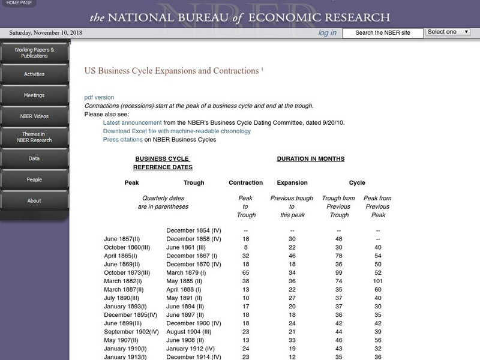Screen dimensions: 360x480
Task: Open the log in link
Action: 327,32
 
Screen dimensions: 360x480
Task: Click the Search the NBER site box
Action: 382,33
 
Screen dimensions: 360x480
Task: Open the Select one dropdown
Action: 448,32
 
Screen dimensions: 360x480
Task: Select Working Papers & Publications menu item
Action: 34,53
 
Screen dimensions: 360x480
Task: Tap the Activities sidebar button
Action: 34,74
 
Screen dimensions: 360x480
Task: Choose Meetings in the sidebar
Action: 34,95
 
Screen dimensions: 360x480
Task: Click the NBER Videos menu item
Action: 34,116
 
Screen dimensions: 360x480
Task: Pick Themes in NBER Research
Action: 34,137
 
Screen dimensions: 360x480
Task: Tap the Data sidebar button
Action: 34,158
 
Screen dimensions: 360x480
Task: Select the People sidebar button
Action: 34,179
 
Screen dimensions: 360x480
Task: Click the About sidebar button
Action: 34,200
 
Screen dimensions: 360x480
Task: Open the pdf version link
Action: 99,97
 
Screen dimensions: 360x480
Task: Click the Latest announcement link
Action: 132,122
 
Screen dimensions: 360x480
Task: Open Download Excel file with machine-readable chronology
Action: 176,131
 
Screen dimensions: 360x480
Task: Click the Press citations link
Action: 122,140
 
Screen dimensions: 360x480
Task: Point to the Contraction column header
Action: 245,182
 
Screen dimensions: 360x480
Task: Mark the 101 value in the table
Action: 378,281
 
